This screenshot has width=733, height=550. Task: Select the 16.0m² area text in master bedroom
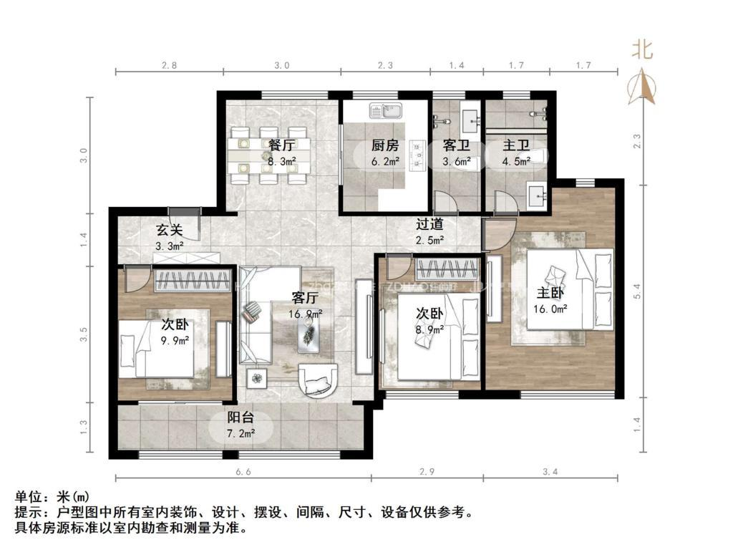(x=550, y=309)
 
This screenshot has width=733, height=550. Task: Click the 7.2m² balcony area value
(x=241, y=433)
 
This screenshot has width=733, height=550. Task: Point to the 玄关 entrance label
(x=170, y=231)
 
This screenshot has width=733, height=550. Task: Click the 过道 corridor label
(x=430, y=223)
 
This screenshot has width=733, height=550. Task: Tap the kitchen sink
(x=387, y=111)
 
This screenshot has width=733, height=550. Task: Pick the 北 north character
(x=641, y=49)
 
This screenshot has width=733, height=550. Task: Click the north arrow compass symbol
(x=642, y=86)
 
